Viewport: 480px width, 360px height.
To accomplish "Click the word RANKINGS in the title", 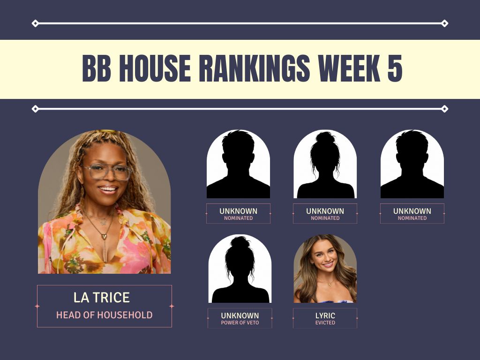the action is [x=255, y=68].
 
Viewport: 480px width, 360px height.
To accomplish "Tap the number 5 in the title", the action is [x=395, y=68].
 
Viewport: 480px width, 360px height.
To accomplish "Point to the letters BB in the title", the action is [x=97, y=68].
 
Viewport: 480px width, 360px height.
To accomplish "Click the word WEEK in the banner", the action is [x=349, y=68].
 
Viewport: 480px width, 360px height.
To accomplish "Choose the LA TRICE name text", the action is [x=102, y=298].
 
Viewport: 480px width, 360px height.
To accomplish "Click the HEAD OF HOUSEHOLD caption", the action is [x=105, y=315].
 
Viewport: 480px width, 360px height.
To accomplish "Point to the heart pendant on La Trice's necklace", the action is [x=104, y=236].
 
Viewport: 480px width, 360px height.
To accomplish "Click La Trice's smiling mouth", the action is [x=108, y=189].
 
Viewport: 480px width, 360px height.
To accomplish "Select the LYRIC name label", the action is [x=325, y=315].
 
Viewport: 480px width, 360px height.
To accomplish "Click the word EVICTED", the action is [x=325, y=322].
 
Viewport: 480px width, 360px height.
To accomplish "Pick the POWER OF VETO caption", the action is [x=240, y=322].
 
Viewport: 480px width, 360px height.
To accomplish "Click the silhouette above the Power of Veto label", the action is [x=240, y=270].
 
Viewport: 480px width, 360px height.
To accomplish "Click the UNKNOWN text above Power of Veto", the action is [x=240, y=315].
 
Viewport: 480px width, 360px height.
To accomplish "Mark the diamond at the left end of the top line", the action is [x=35, y=23].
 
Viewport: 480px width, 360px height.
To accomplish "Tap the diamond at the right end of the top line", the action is [x=444, y=23].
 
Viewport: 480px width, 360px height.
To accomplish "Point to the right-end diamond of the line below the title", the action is [x=444, y=109].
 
